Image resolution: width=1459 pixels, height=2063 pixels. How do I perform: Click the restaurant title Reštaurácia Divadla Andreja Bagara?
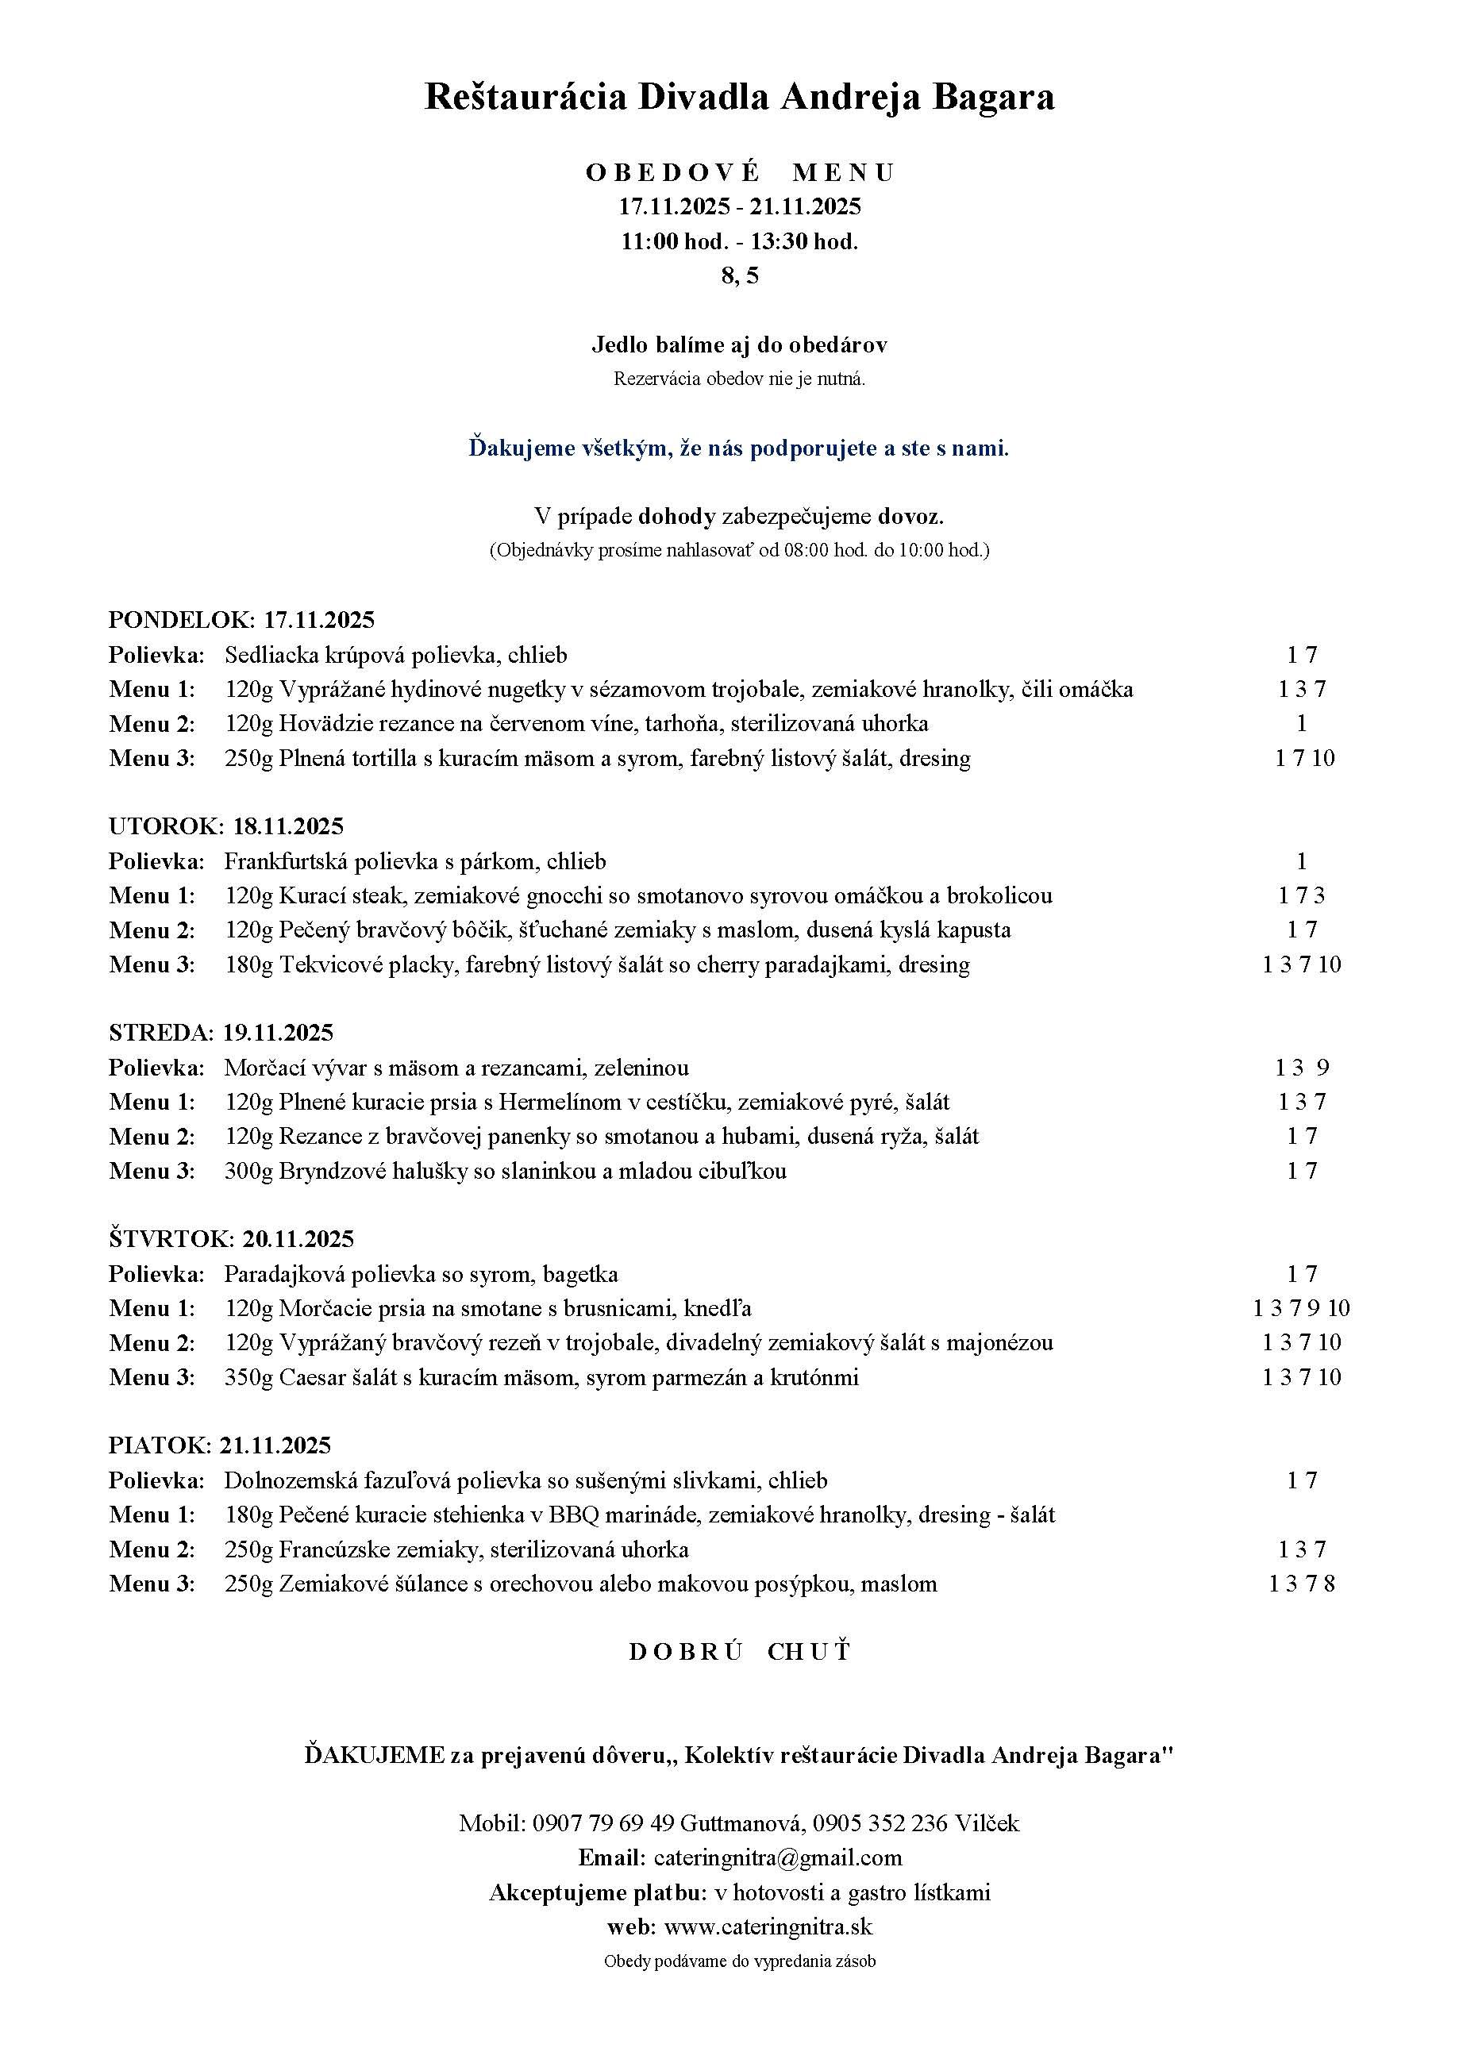pyautogui.click(x=738, y=97)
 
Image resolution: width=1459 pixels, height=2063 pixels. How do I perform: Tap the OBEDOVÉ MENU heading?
pyautogui.click(x=739, y=171)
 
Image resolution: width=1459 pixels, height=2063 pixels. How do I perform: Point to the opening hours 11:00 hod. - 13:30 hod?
pyautogui.click(x=739, y=241)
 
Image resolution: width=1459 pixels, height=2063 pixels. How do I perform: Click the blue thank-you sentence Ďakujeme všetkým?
pyautogui.click(x=738, y=448)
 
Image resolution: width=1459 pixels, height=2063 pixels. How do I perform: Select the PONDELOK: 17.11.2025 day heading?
pyautogui.click(x=241, y=619)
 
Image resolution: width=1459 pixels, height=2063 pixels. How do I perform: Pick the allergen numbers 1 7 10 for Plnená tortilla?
pyautogui.click(x=1303, y=758)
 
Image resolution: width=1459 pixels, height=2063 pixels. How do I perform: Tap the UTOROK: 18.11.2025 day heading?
pyautogui.click(x=225, y=826)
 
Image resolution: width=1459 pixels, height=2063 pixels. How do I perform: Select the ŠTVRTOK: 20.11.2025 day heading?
pyautogui.click(x=231, y=1239)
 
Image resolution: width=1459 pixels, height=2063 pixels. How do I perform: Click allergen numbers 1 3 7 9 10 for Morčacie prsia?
pyautogui.click(x=1301, y=1308)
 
